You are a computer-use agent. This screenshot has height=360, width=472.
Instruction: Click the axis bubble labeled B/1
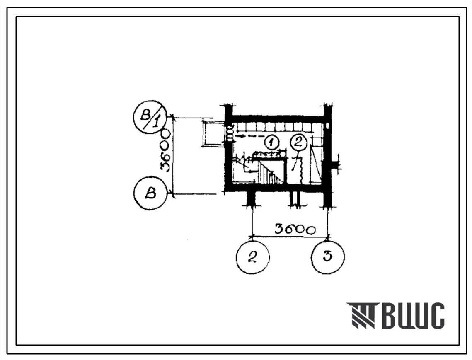[150, 117]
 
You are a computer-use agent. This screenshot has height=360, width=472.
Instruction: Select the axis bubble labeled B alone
[150, 193]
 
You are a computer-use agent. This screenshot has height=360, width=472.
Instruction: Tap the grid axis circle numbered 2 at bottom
[252, 257]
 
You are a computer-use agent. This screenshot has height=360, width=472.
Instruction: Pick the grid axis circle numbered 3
[327, 257]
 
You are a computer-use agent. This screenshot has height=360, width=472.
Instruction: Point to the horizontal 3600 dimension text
[295, 230]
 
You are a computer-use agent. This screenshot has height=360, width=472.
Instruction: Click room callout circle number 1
[272, 142]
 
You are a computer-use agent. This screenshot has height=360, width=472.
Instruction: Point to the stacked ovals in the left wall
[230, 133]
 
